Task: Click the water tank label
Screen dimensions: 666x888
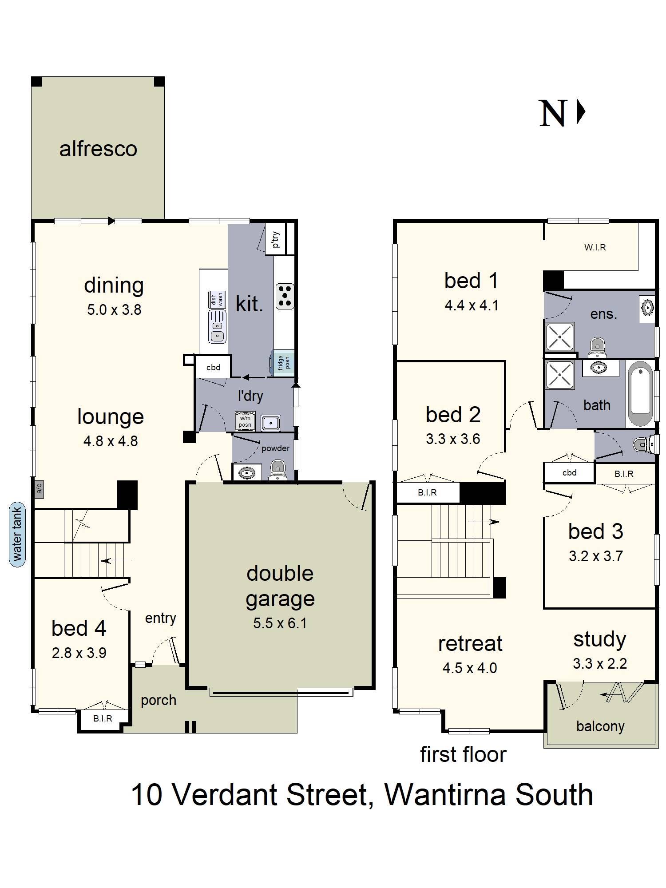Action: click(17, 534)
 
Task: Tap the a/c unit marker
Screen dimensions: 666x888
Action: click(39, 488)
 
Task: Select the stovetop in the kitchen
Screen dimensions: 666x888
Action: click(285, 296)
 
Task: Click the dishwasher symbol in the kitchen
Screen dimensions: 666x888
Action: click(217, 300)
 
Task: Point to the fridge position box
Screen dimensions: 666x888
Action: click(283, 363)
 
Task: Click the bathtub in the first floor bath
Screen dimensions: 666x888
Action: click(641, 394)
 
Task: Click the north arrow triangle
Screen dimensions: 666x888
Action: click(581, 111)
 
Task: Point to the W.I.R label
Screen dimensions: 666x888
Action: click(595, 247)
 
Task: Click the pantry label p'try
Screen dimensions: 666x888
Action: click(276, 239)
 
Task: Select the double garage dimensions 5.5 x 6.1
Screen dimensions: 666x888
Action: click(280, 623)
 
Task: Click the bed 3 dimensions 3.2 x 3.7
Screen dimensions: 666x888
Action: click(596, 556)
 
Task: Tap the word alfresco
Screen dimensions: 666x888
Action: click(98, 149)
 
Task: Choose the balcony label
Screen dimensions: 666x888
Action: click(600, 726)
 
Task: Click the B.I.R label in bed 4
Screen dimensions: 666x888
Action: click(103, 718)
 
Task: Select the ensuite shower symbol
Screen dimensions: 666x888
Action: click(559, 337)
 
